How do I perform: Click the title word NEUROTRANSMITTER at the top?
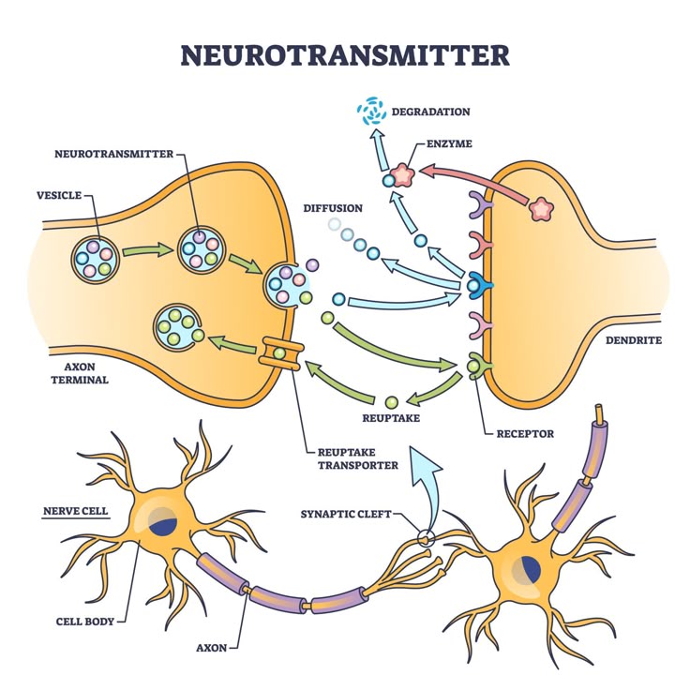pyautogui.click(x=344, y=54)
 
